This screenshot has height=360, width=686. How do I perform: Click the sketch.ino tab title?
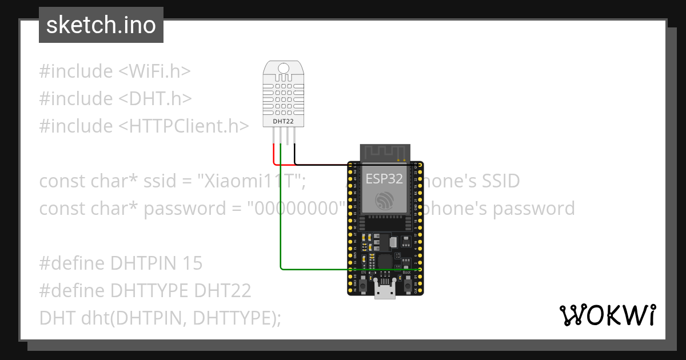coord(101,25)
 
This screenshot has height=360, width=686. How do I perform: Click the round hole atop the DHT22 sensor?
coord(284,69)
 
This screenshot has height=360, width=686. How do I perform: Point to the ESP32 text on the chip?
coord(384,178)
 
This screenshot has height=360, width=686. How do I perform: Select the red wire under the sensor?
coord(273,153)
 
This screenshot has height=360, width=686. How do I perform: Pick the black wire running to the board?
coord(320,164)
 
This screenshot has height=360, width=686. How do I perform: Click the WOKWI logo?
coord(607,315)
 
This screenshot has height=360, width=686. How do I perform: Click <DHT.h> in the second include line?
coord(155,99)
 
